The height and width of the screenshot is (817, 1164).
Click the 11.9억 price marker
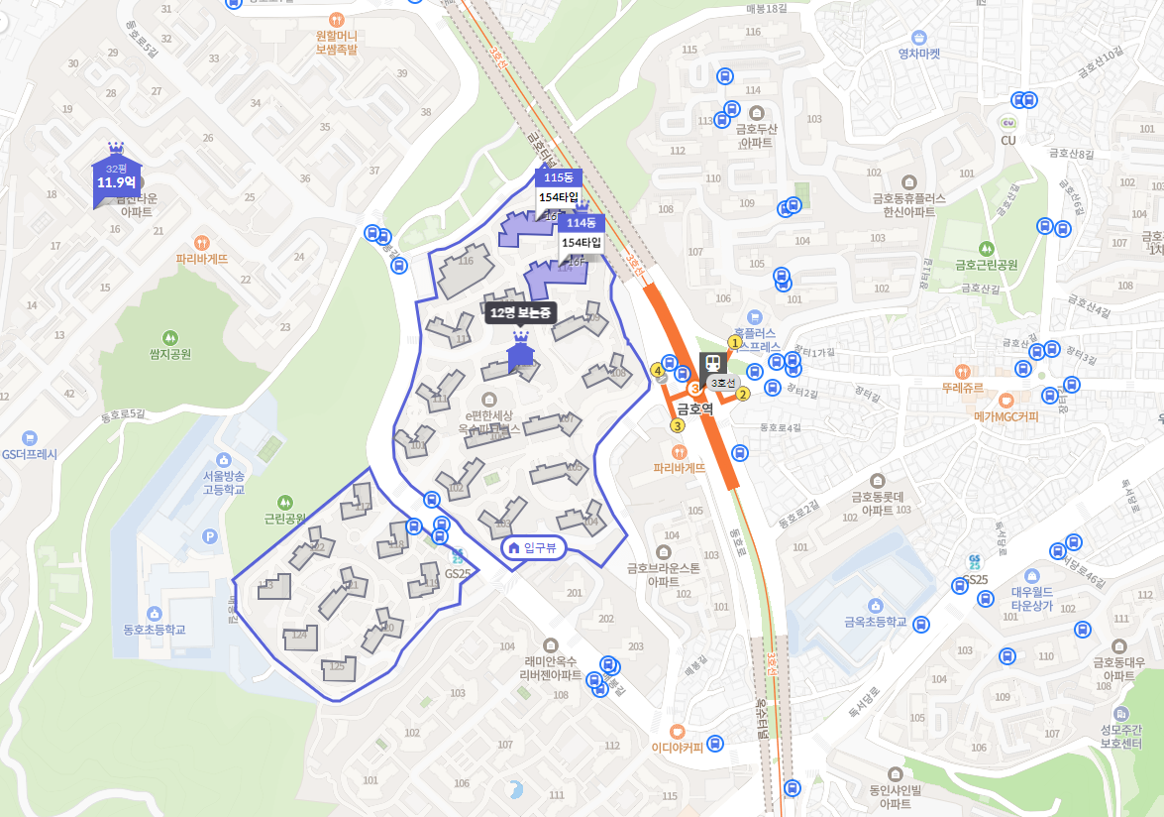click(x=116, y=181)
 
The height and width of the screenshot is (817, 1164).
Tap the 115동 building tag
click(x=558, y=177)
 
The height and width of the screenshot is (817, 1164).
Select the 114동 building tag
click(x=581, y=223)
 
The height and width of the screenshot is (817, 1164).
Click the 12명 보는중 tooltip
click(x=522, y=313)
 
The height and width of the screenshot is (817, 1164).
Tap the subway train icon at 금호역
click(x=711, y=364)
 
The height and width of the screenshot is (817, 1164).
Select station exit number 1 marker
click(x=734, y=343)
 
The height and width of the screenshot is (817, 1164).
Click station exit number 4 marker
click(x=657, y=371)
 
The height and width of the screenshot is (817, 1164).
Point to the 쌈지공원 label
click(x=170, y=354)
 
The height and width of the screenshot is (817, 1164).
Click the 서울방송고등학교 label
click(x=223, y=483)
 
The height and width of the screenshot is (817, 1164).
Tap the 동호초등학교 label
click(x=155, y=630)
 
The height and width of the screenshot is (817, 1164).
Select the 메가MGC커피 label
click(x=1005, y=416)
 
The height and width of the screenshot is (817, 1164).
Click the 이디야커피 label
click(x=677, y=748)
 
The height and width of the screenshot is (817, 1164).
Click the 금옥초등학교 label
click(x=875, y=622)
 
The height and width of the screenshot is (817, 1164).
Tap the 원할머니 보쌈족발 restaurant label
click(x=336, y=43)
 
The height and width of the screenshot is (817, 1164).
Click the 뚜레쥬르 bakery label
click(x=962, y=388)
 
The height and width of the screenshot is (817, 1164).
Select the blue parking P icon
click(x=208, y=536)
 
